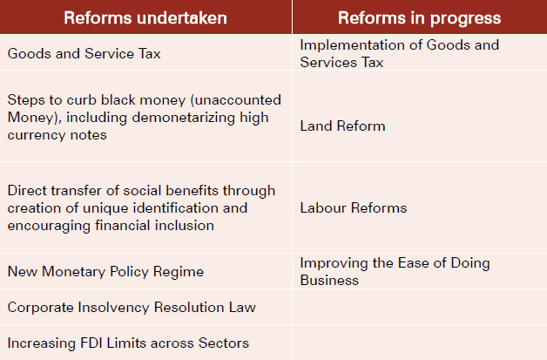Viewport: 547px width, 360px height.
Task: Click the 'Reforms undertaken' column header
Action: tap(145, 17)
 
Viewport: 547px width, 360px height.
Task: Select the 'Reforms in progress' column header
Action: tap(419, 17)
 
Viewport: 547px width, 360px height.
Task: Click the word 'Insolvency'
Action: tap(114, 308)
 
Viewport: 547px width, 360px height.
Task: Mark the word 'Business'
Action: tap(329, 281)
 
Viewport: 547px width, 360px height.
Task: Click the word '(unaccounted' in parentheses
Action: tap(236, 100)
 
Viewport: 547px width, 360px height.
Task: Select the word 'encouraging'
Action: tap(49, 226)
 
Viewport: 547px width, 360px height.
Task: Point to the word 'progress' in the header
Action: tap(465, 19)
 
